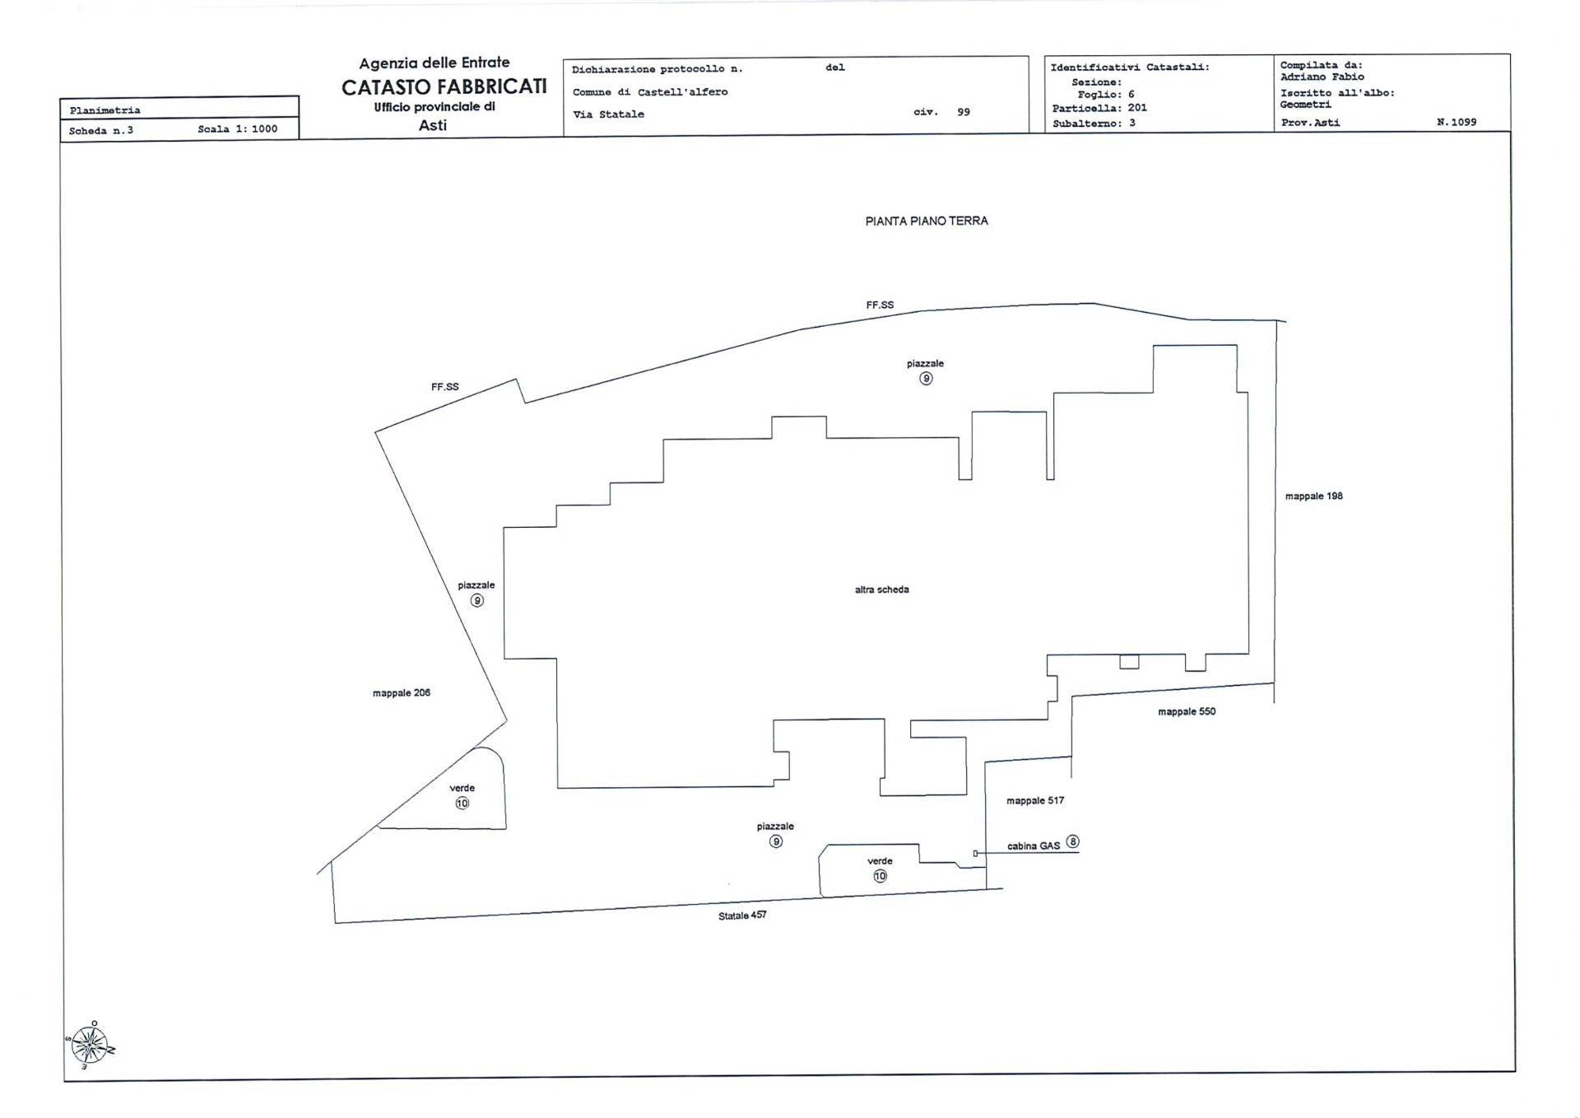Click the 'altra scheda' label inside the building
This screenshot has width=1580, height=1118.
(881, 589)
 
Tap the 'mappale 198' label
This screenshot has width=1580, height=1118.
(1313, 496)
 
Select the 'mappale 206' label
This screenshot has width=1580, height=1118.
(402, 693)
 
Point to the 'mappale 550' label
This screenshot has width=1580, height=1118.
(1187, 712)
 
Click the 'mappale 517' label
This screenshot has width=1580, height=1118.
(1035, 801)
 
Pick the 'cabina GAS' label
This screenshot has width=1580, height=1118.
(1034, 846)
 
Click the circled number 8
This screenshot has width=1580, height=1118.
(1072, 841)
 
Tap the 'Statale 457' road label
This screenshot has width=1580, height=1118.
(742, 915)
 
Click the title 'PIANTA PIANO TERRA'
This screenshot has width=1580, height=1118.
(927, 221)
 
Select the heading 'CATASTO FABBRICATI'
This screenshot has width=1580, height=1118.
(444, 86)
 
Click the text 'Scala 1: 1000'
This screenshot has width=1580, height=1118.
(238, 129)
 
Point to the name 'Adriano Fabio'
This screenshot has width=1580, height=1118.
(1322, 77)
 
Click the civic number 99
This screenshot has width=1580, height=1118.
(964, 112)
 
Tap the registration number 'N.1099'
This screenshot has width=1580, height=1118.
(1457, 122)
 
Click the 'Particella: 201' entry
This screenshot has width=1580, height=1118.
(1099, 108)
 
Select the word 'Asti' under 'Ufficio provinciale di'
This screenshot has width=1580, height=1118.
(433, 125)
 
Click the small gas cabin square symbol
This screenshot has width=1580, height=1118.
(975, 854)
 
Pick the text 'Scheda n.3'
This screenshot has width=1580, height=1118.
(100, 131)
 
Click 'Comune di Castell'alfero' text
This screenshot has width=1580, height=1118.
(650, 92)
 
